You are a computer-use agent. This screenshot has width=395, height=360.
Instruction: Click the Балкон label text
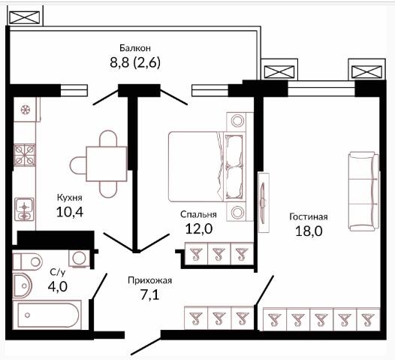point(135,48)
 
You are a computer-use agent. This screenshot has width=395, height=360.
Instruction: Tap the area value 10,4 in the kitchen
point(70,212)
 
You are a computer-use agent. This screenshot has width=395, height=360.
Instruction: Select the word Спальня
point(198,214)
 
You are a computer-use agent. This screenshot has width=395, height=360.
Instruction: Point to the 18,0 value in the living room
point(309,231)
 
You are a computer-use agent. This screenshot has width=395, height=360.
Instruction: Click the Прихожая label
point(150,280)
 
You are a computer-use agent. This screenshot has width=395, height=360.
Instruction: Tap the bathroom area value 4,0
point(57,286)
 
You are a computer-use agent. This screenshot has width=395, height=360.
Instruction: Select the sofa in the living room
point(363,192)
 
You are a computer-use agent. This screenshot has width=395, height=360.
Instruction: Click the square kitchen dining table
point(107,164)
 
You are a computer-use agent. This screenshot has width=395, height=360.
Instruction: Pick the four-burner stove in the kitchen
point(25,155)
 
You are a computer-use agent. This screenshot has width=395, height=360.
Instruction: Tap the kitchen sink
point(24,210)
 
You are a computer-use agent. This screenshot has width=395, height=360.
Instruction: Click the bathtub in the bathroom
point(47,315)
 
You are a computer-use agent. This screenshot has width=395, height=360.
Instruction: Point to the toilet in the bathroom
point(27,262)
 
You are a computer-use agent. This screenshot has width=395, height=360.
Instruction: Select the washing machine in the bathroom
point(79,258)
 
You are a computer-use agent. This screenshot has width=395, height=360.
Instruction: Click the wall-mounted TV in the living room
point(264,202)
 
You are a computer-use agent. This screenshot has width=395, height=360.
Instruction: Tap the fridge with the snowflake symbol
point(26,110)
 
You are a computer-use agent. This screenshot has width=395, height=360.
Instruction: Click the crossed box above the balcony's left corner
point(25,17)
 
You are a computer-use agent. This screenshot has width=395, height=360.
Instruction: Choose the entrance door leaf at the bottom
point(146,347)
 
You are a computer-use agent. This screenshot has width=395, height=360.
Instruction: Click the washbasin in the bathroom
point(23,286)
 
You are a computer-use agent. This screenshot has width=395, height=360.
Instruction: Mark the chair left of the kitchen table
point(78,165)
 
